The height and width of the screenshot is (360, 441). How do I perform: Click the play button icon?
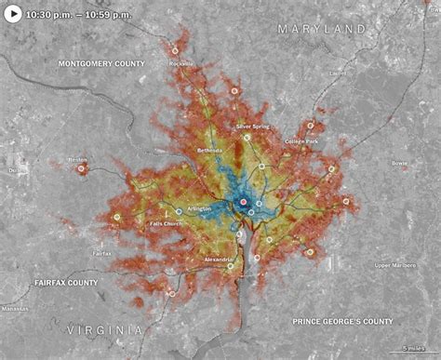click(13, 14)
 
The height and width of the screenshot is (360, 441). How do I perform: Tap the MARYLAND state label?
click(321, 30)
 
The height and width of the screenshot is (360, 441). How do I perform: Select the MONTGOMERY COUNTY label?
click(101, 63)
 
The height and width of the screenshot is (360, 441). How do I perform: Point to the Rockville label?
click(180, 63)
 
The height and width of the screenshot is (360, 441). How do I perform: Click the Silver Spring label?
click(252, 126)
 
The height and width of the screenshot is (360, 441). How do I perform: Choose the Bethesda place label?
click(209, 150)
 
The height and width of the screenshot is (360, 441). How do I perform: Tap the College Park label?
click(301, 141)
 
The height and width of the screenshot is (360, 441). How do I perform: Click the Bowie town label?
click(399, 163)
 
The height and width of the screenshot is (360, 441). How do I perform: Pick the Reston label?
click(77, 160)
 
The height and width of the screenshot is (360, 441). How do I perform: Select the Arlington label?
click(198, 210)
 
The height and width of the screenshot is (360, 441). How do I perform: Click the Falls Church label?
click(166, 224)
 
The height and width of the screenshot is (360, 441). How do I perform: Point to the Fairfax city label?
click(101, 253)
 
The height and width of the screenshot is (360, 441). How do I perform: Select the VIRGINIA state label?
click(104, 329)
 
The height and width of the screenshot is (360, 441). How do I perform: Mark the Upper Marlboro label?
click(394, 265)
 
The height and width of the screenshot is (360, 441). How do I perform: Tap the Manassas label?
click(15, 308)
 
